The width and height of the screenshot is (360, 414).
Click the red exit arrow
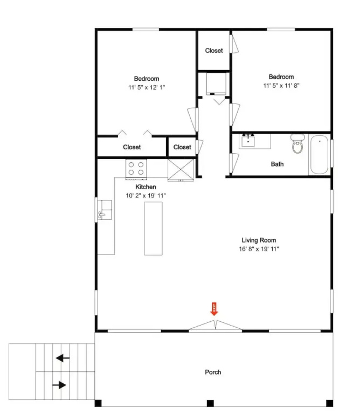[x=214, y=309]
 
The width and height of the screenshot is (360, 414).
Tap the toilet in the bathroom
[x=297, y=143]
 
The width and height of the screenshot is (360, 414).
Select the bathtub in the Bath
[x=319, y=155]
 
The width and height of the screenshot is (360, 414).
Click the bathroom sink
[x=248, y=140]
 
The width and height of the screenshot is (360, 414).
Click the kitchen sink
[x=105, y=210]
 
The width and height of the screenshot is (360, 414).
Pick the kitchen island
[x=153, y=229]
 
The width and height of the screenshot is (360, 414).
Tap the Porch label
[x=213, y=372]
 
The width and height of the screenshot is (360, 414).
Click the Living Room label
[x=259, y=240]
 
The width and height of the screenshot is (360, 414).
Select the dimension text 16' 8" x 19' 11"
[x=259, y=249]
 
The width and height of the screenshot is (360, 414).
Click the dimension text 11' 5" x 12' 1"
[x=147, y=87]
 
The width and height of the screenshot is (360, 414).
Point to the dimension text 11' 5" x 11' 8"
[x=281, y=85]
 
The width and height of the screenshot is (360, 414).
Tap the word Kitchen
[x=146, y=187]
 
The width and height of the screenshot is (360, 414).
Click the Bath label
[x=277, y=164]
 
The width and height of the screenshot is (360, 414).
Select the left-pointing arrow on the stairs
[x=63, y=358]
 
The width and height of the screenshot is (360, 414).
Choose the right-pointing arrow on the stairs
[x=59, y=385]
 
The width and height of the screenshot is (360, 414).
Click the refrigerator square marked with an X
[x=181, y=170]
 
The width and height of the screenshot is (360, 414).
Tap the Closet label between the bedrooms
[x=214, y=51]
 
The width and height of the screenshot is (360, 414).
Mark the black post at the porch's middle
[x=210, y=403]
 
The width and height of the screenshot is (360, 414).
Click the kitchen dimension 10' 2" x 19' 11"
[x=146, y=195]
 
